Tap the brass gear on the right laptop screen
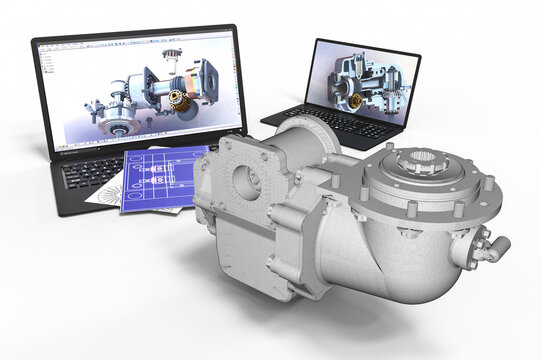pyautogui.click(x=352, y=98)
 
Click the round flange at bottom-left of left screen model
pyautogui.click(x=120, y=126)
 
